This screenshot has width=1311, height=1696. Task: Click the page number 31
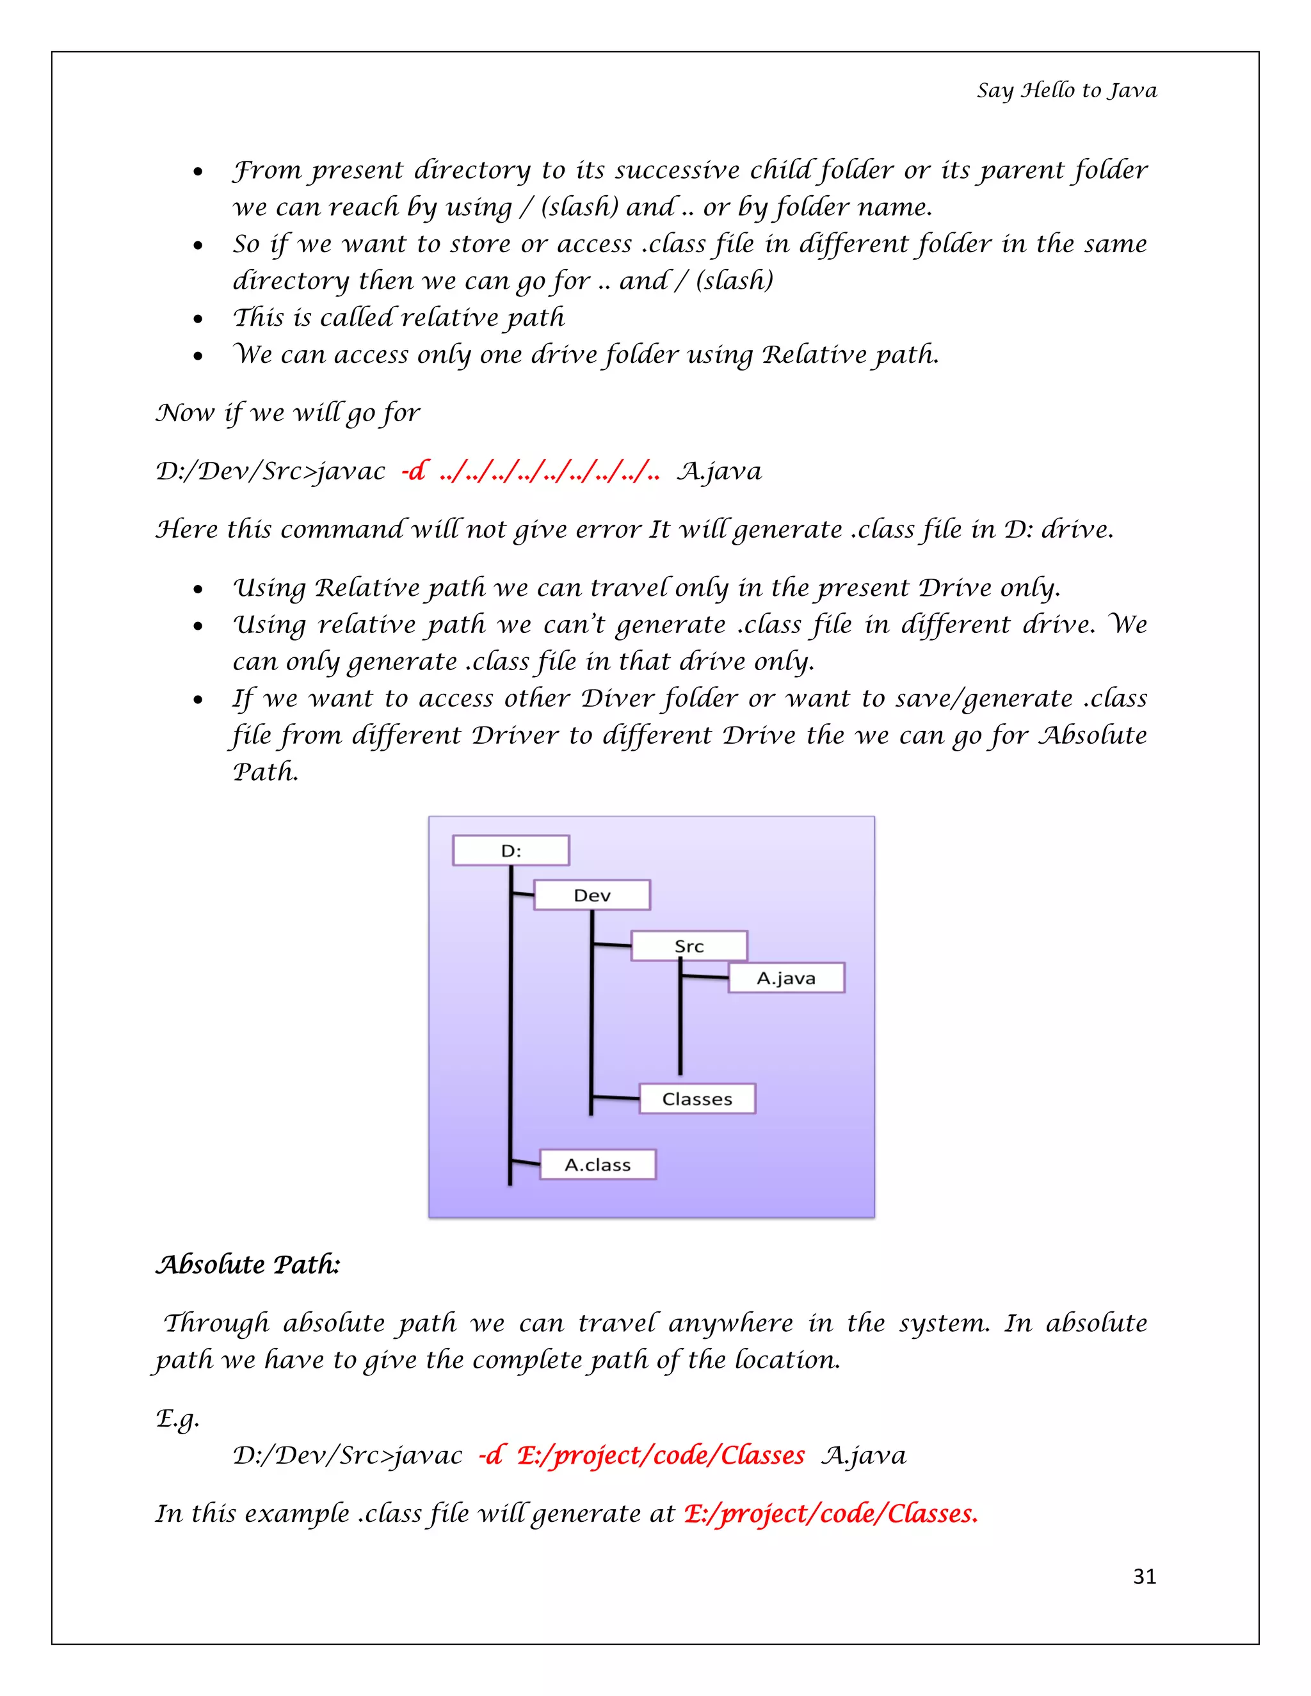point(1144,1576)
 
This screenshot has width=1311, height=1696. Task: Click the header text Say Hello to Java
point(1066,91)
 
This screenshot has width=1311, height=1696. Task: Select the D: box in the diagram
point(510,851)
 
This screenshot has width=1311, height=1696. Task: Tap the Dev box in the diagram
point(592,895)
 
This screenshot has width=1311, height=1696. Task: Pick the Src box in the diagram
point(689,946)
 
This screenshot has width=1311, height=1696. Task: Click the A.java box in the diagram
point(786,979)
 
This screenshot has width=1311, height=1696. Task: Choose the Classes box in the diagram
point(696,1099)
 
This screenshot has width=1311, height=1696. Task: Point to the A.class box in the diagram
point(597,1165)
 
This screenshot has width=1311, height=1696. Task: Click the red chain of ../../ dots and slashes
point(549,472)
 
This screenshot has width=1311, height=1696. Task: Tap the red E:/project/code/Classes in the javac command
point(660,1455)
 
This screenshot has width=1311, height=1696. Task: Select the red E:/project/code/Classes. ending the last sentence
point(830,1514)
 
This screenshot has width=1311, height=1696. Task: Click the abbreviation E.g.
point(178,1418)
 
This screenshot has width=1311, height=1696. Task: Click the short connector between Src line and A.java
point(704,977)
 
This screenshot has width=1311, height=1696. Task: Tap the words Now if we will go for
point(287,413)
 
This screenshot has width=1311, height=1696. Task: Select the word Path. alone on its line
point(266,772)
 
